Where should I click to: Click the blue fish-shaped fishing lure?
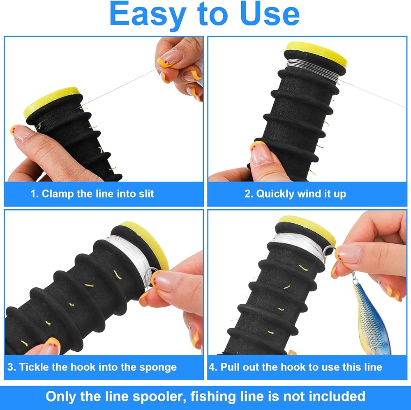click(x=372, y=318)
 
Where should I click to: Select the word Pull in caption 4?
click(x=230, y=367)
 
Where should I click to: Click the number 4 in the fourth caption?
click(x=212, y=367)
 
